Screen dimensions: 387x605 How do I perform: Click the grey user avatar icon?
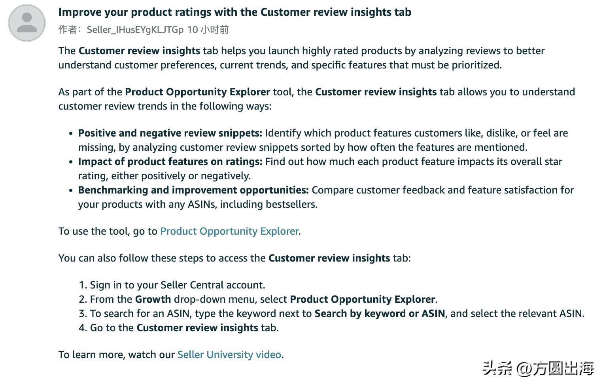(27, 23)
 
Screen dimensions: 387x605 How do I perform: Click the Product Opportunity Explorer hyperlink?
(229, 231)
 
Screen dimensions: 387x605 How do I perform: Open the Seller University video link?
(229, 355)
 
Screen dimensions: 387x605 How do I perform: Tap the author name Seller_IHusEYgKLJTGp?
(135, 30)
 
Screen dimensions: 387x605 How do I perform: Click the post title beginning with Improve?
(234, 12)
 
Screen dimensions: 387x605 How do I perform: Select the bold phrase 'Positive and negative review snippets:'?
(170, 133)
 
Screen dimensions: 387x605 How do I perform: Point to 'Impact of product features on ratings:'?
(170, 161)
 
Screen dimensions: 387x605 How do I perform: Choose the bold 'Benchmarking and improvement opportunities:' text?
(193, 190)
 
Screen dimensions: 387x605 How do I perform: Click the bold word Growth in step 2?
(153, 299)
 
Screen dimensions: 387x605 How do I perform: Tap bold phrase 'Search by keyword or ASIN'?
(380, 313)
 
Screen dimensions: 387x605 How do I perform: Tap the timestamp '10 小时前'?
(208, 30)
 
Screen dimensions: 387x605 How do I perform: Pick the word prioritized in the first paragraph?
(476, 65)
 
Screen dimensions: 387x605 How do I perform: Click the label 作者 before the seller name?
(67, 30)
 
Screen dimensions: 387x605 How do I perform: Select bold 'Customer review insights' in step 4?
(197, 328)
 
